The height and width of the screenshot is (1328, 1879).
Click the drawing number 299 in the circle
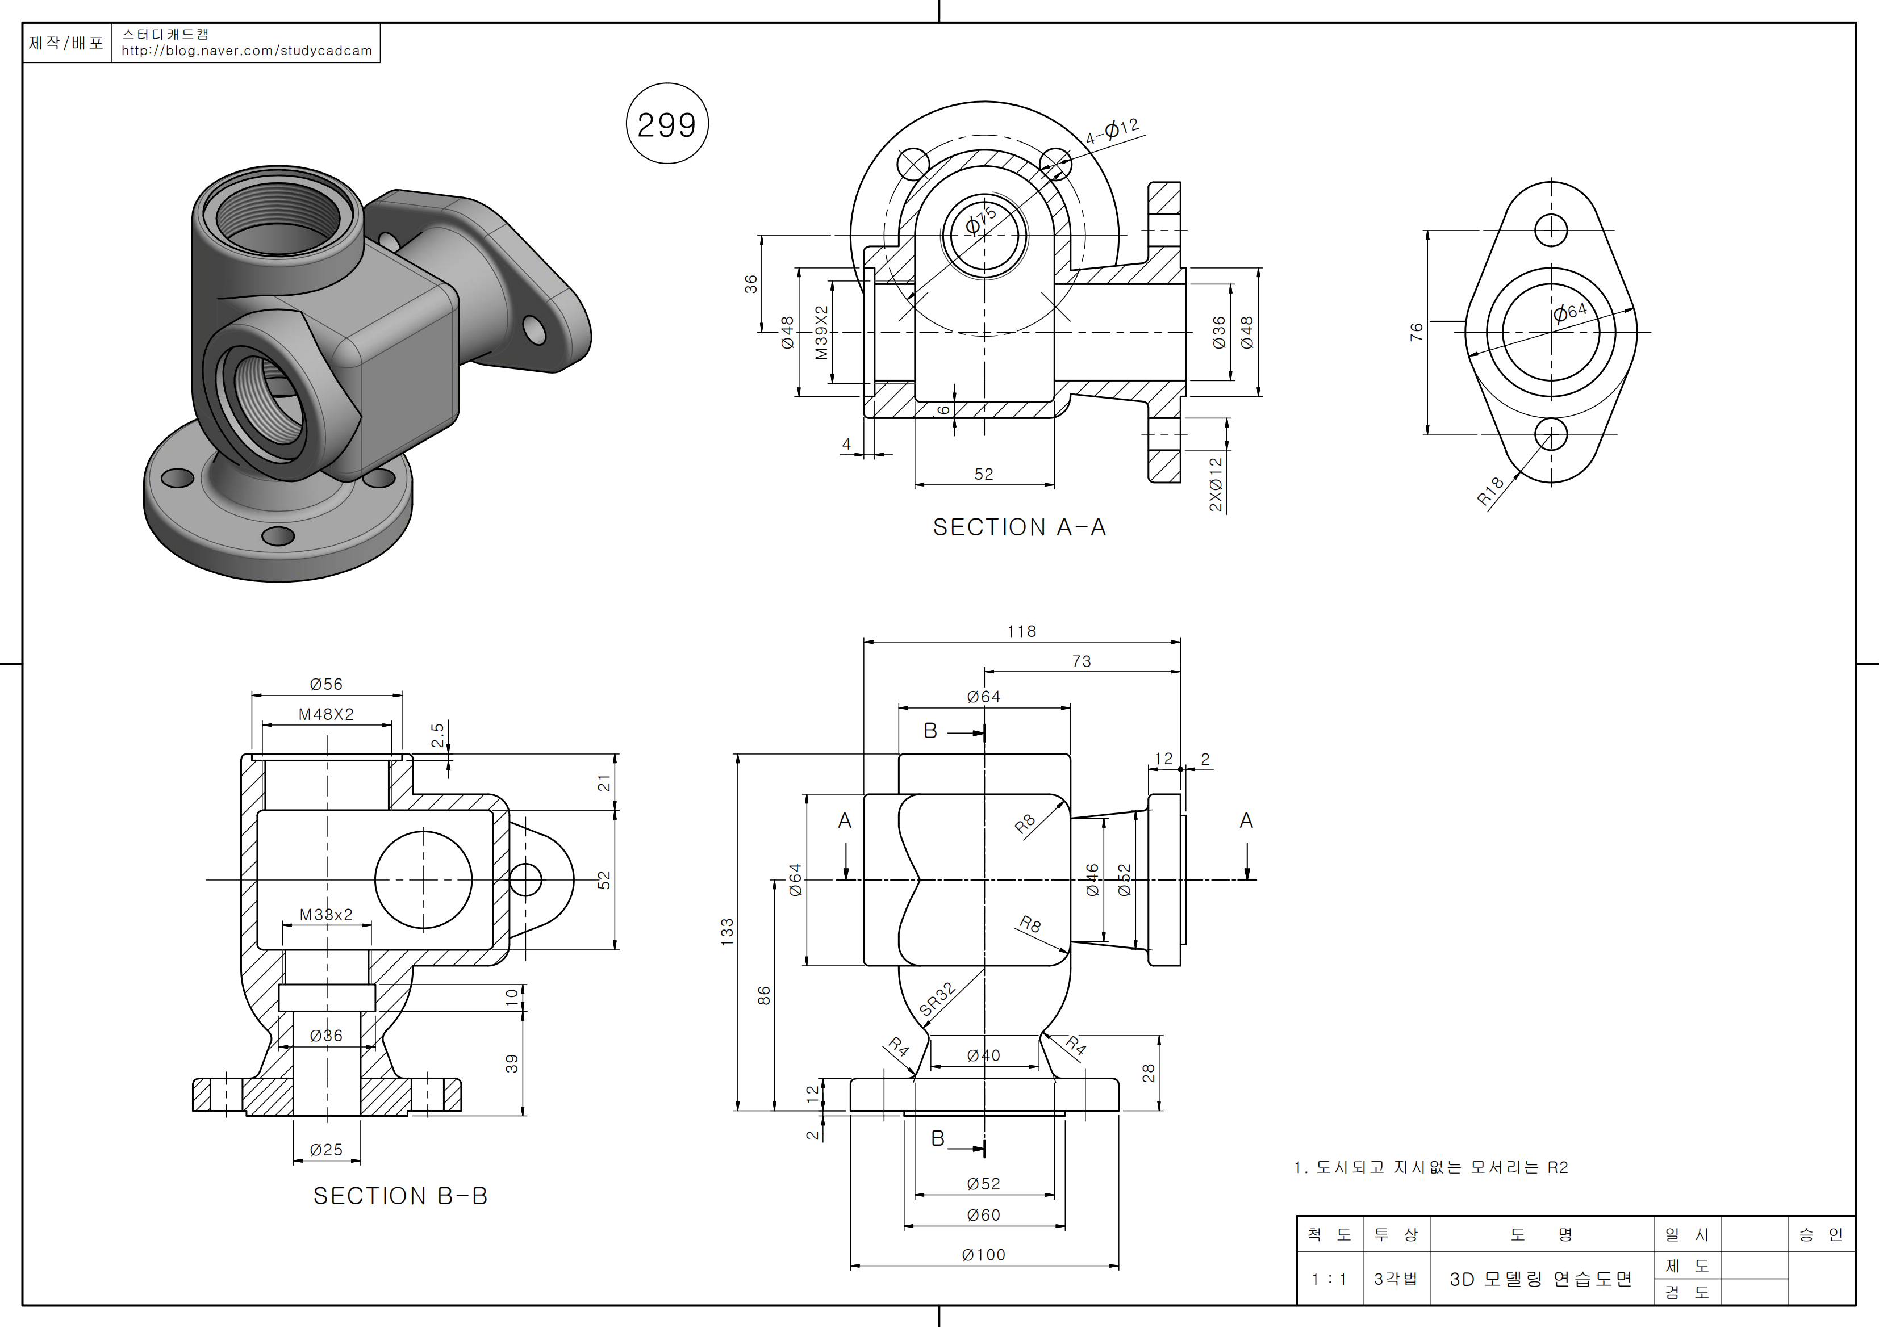coord(666,124)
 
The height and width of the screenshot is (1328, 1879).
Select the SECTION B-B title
coord(400,1196)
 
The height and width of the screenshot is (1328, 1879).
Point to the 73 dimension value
coord(1081,661)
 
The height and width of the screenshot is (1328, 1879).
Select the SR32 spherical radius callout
coord(937,999)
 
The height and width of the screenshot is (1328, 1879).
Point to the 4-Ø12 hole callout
coord(1112,131)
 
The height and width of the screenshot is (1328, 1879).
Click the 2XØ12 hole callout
coord(1216,484)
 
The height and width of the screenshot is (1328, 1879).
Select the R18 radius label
coord(1490,491)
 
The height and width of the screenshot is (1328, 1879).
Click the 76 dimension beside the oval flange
coord(1417,332)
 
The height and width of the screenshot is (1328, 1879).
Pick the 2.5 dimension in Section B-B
coord(438,735)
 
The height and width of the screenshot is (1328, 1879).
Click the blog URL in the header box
coord(247,51)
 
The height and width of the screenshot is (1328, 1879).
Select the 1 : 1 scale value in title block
coord(1329,1279)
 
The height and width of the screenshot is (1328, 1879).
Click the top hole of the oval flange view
coord(1551,230)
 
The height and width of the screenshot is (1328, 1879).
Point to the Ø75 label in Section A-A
coord(980,220)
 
